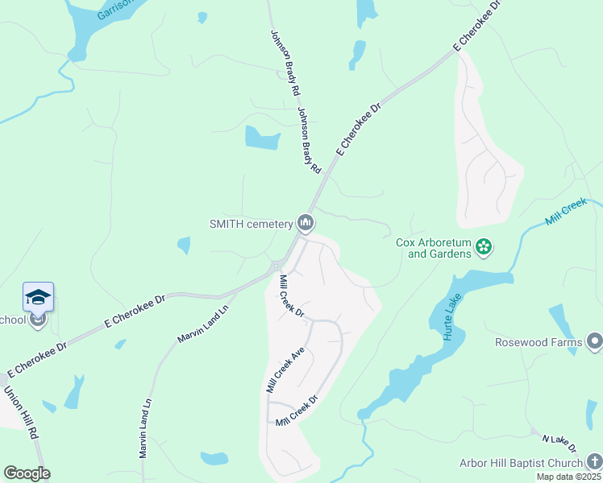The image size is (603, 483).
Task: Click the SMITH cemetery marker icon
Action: [x=305, y=222]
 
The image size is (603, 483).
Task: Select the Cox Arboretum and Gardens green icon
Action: [x=484, y=247]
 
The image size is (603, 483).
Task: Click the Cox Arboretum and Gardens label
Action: [x=433, y=248]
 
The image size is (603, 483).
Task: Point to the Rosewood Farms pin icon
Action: [x=595, y=342]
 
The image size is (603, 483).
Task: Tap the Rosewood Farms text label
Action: [x=539, y=343]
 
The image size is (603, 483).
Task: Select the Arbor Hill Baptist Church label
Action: [x=531, y=463]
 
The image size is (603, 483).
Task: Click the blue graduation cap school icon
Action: [x=38, y=297]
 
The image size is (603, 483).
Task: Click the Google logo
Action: [x=27, y=473]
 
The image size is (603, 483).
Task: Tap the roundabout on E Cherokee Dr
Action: [x=277, y=266]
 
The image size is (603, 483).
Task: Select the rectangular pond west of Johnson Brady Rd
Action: [x=262, y=138]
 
